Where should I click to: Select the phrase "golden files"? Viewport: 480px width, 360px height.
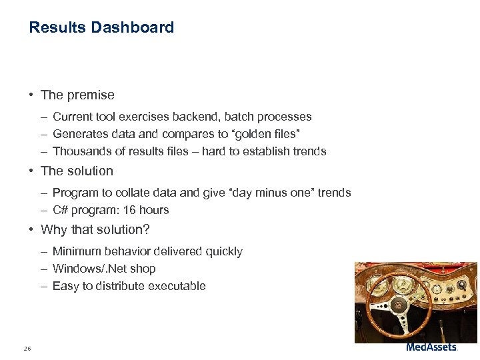click(x=277, y=134)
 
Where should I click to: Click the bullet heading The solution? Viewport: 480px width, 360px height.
click(x=77, y=171)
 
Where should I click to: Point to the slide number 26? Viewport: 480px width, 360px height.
click(x=27, y=348)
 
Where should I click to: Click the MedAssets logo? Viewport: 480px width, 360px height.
click(x=431, y=347)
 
